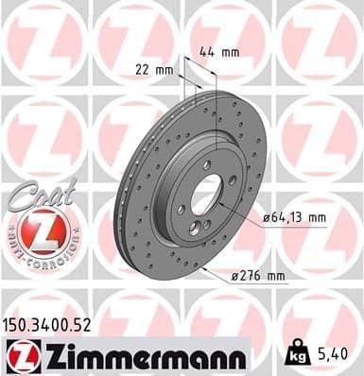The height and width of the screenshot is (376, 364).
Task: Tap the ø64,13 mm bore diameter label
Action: tap(293, 217)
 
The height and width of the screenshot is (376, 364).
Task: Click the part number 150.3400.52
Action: tap(48, 324)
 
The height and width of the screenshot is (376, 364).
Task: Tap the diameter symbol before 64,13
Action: tap(265, 217)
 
